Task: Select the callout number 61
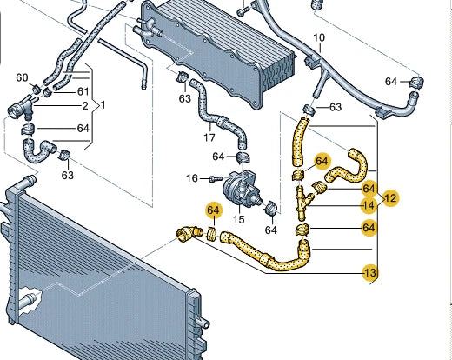click(83, 91)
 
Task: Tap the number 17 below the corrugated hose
click(209, 137)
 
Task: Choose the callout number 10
click(318, 37)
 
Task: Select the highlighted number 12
click(390, 197)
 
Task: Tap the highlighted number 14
click(369, 205)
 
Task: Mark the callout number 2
click(85, 106)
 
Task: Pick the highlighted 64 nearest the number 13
click(369, 228)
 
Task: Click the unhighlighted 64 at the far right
click(391, 82)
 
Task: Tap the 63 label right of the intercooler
click(334, 108)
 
